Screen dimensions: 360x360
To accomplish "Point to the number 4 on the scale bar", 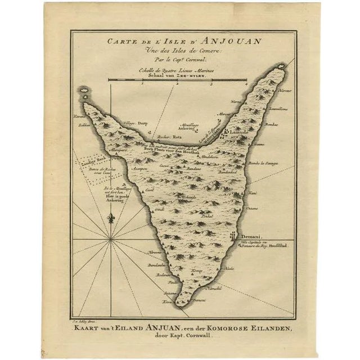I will point(246,84).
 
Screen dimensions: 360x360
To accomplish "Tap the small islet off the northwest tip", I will point(85,91).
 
